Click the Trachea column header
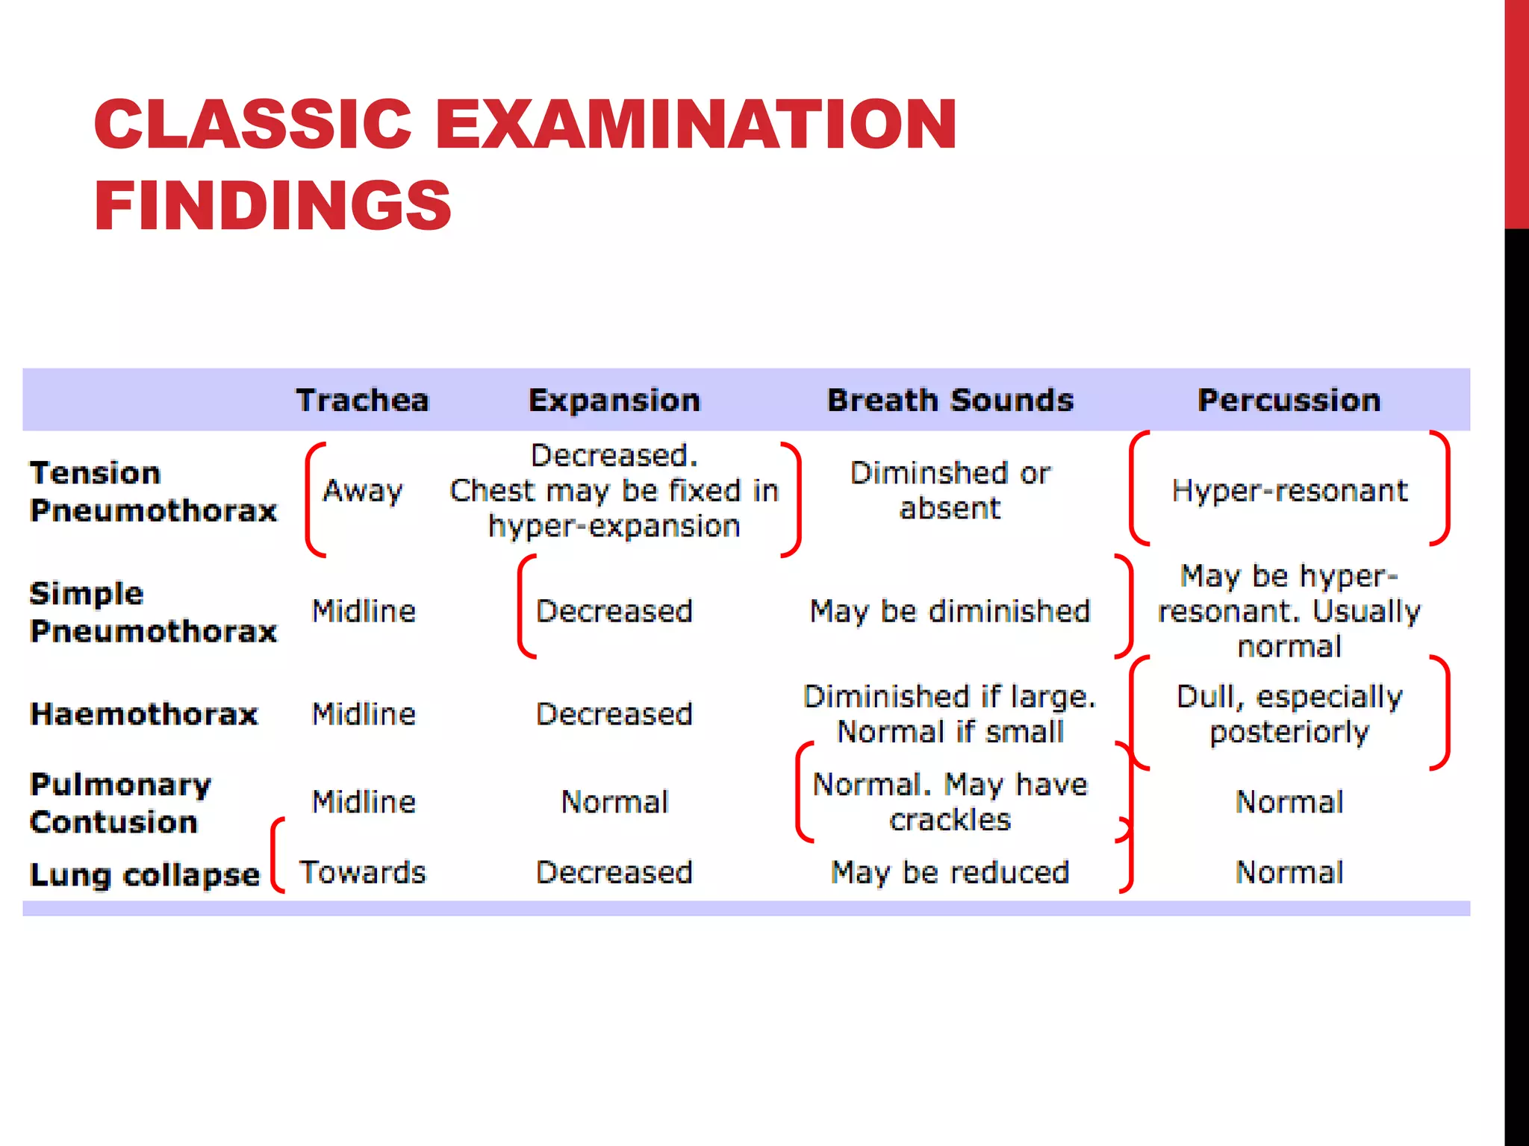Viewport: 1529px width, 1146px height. tap(363, 401)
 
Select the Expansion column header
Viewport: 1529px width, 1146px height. tap(614, 401)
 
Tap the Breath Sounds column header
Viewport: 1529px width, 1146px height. tap(950, 401)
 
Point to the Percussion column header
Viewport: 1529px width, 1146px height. tap(1289, 401)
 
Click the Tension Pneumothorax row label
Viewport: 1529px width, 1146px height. tap(153, 492)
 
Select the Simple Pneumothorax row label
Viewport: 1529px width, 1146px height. tap(153, 612)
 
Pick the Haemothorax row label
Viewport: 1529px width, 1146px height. tap(144, 714)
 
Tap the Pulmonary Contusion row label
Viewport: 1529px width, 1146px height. tap(121, 803)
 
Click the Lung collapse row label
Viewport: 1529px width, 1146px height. tap(145, 874)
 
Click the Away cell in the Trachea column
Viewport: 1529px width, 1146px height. tap(363, 491)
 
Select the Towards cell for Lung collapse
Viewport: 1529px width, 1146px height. tap(363, 872)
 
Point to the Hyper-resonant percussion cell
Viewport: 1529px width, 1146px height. tap(1289, 491)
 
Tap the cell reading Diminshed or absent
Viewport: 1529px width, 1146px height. tap(950, 491)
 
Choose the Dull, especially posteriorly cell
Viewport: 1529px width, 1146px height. tap(1289, 714)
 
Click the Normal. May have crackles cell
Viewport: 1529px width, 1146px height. tap(950, 802)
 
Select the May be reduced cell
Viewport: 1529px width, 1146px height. tap(950, 872)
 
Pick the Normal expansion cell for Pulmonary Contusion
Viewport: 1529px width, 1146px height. tap(614, 802)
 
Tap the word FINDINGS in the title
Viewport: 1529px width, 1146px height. tap(273, 206)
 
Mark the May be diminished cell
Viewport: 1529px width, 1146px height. tap(950, 612)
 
